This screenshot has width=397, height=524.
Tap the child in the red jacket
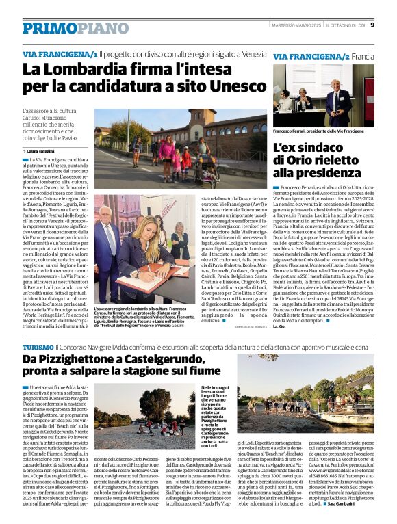coord(187,160)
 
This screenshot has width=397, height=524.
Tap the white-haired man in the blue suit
coord(107,239)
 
